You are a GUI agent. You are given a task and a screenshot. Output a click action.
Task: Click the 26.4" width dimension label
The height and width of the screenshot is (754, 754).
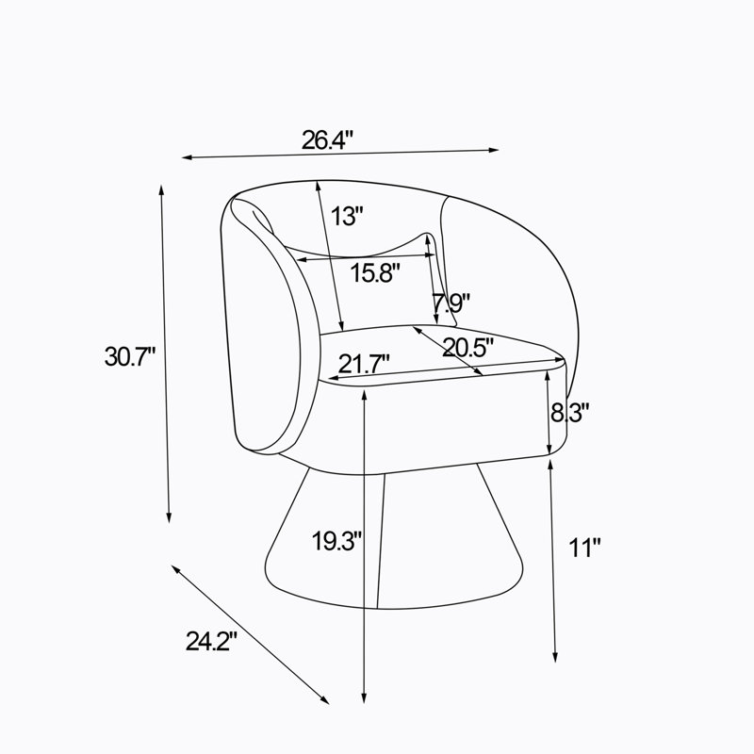(x=327, y=139)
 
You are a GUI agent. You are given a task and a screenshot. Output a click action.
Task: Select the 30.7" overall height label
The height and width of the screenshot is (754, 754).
(x=130, y=356)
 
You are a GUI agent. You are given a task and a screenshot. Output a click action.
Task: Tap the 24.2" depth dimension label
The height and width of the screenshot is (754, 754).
(x=211, y=641)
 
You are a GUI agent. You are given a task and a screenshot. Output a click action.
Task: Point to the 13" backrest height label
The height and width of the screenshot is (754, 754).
(x=346, y=216)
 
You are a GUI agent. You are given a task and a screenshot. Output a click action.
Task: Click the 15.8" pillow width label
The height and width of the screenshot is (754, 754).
(x=375, y=272)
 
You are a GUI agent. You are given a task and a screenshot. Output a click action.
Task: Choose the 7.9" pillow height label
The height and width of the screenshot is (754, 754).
(x=451, y=303)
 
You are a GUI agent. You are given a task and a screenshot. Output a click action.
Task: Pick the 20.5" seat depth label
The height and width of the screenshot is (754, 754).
(x=467, y=347)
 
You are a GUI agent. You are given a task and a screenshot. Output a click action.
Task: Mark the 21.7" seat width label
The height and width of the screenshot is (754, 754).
(x=364, y=364)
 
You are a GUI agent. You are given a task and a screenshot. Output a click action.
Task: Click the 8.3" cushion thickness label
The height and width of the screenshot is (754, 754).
(x=570, y=412)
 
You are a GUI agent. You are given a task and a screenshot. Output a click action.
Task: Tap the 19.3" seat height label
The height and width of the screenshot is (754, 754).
(x=336, y=540)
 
